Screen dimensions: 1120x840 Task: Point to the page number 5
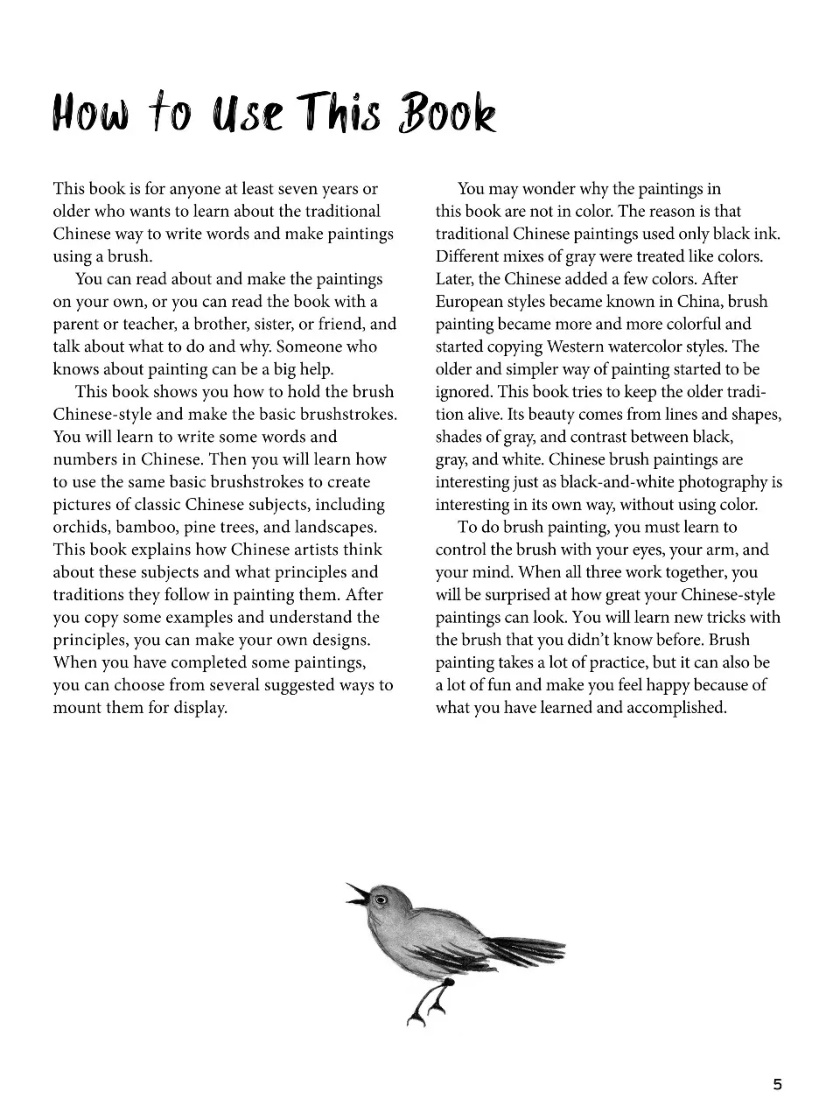(x=777, y=1085)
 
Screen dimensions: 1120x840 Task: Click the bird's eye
(x=380, y=899)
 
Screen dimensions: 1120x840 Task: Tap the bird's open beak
(x=357, y=893)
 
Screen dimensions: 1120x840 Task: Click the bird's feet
(x=425, y=1010)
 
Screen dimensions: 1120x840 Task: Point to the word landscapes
(x=336, y=528)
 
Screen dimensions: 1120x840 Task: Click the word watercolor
(x=646, y=347)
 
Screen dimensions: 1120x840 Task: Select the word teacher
(x=145, y=325)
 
